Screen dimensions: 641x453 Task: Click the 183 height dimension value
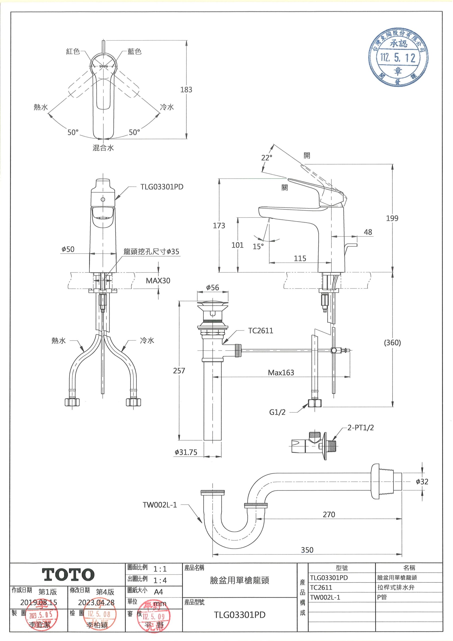(186, 90)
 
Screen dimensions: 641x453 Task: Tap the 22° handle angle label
(267, 158)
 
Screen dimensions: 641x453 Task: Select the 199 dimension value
(392, 218)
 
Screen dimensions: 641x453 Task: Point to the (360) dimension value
(392, 343)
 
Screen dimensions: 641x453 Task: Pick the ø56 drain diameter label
(212, 287)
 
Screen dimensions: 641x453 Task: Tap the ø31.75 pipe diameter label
(186, 452)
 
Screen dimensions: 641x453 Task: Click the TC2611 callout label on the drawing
(261, 331)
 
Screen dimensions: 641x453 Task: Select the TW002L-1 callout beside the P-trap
(160, 505)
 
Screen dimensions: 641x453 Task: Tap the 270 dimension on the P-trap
(329, 514)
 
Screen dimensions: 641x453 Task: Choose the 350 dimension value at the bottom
(307, 550)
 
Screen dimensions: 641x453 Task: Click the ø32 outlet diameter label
(422, 482)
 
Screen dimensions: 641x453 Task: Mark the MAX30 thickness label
(158, 281)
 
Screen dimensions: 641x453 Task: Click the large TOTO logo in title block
(68, 574)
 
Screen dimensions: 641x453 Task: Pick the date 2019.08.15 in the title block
(39, 602)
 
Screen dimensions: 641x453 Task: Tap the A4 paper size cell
(158, 592)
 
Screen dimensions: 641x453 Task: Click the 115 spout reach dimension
(300, 258)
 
